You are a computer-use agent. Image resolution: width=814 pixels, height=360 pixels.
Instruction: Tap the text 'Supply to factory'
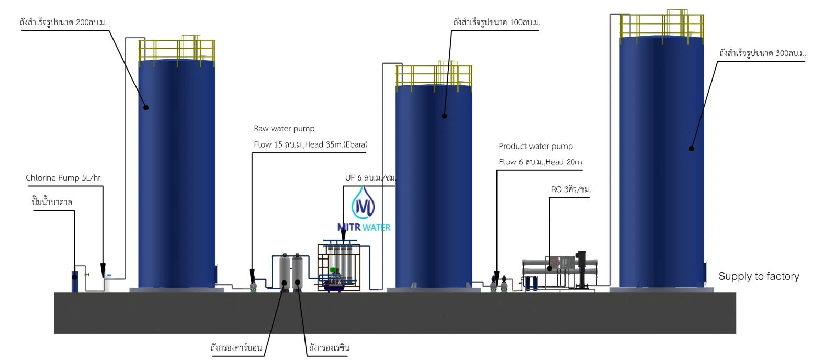(x=759, y=276)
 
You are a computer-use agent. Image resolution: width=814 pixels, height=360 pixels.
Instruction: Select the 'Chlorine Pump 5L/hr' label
(x=63, y=178)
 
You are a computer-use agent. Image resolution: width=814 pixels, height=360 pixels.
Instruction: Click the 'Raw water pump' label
(x=285, y=128)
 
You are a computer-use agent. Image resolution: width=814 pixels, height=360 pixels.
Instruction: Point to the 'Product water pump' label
(x=536, y=146)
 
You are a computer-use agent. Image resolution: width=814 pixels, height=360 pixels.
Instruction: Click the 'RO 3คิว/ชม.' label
(x=571, y=189)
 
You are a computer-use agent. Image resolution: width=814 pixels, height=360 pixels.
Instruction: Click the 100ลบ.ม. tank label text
(x=497, y=22)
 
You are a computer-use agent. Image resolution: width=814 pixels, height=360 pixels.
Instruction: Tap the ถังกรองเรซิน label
(x=329, y=347)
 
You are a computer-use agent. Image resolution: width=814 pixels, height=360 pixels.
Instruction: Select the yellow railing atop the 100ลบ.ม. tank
(x=434, y=75)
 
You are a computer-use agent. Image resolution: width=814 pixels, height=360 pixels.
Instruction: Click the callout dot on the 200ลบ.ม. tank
(x=146, y=108)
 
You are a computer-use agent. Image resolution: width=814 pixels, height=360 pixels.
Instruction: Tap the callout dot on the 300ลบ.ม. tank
(x=691, y=149)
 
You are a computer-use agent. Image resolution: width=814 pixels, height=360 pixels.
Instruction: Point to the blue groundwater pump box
(x=75, y=282)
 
